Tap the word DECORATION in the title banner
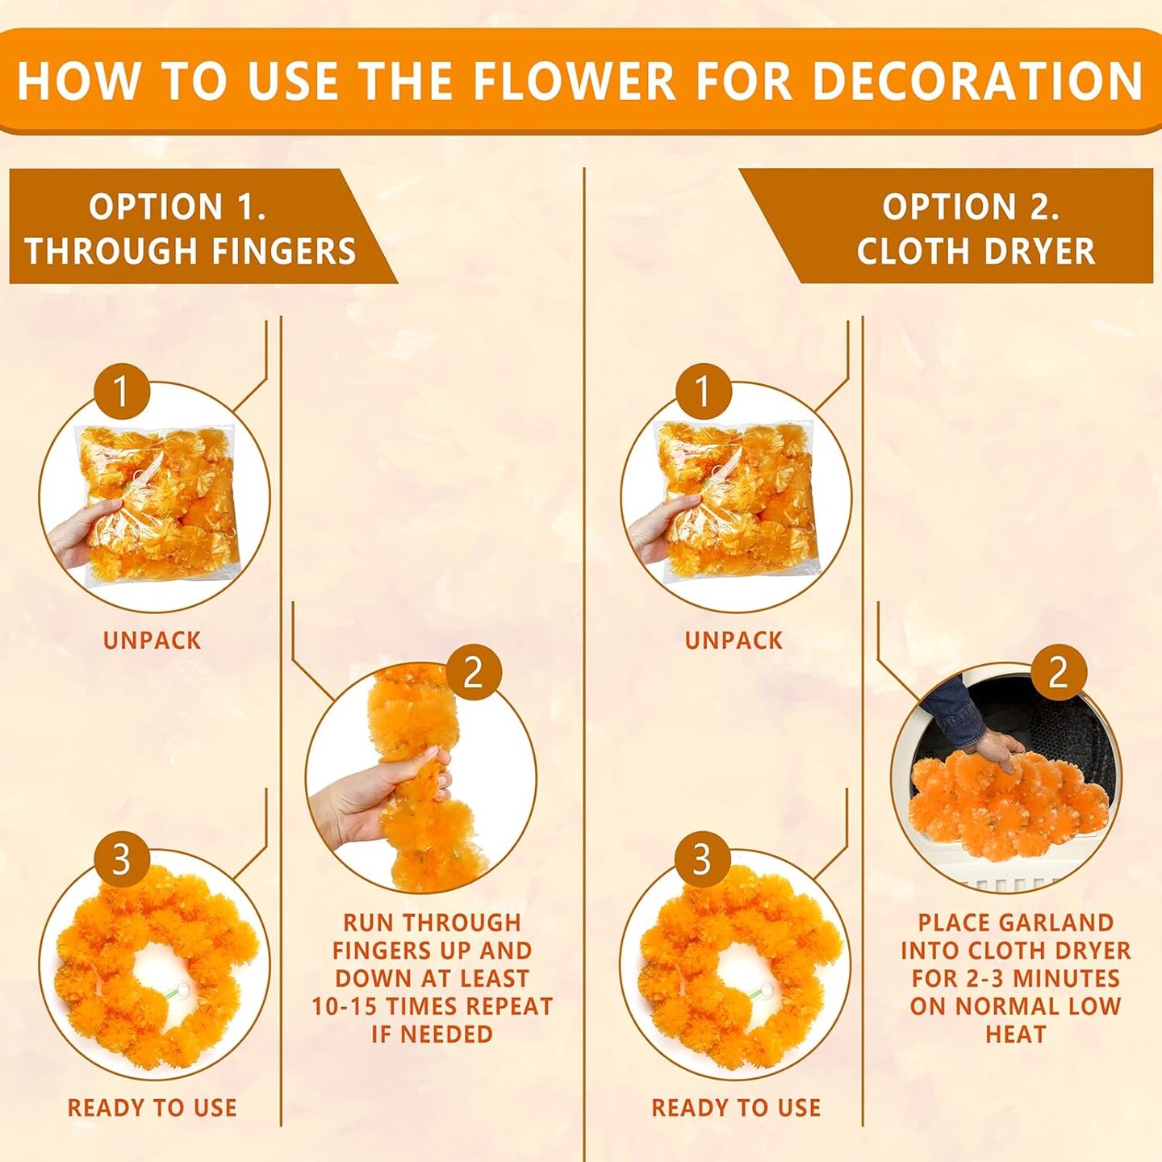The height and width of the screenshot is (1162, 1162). (978, 81)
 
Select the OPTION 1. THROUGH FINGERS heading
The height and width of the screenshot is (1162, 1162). (190, 228)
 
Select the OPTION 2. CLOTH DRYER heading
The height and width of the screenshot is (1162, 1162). (975, 228)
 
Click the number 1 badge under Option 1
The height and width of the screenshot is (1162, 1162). (122, 390)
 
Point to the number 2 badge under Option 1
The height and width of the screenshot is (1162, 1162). (473, 671)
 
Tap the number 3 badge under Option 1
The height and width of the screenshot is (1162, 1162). (121, 859)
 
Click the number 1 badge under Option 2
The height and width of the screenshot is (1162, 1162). (703, 390)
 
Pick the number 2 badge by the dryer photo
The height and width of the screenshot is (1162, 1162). (1058, 671)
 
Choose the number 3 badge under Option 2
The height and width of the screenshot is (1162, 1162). (703, 859)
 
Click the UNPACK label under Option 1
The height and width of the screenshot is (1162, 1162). (152, 641)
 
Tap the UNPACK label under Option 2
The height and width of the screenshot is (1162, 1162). (734, 641)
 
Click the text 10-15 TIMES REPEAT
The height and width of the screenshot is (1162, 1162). (432, 1005)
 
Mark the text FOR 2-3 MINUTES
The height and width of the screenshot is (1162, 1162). (1015, 978)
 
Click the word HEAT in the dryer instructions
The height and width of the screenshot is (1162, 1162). (1015, 1034)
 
